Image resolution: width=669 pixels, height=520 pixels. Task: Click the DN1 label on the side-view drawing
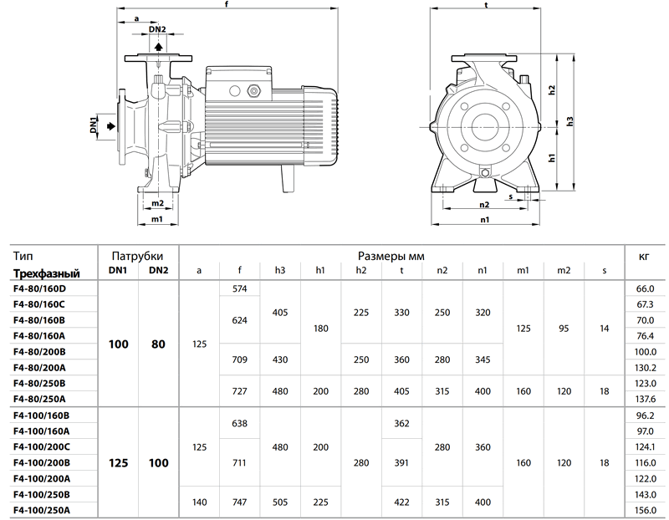pos(94,125)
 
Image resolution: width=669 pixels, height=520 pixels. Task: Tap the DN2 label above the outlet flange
pos(157,29)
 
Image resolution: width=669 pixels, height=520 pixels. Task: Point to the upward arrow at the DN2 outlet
pos(158,46)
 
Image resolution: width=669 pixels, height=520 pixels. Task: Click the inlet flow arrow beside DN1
pos(111,126)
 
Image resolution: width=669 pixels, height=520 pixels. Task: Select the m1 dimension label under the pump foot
pos(157,219)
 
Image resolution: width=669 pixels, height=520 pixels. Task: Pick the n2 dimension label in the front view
pos(484,204)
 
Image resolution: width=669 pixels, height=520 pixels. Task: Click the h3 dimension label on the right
pos(570,121)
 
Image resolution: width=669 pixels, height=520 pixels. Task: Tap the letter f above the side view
pos(227,4)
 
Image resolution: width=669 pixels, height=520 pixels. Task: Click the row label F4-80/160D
pos(39,288)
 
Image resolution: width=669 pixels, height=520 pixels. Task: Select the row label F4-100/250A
pos(42,510)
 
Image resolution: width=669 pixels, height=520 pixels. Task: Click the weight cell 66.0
pos(645,288)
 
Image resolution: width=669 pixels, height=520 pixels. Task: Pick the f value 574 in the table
pos(240,288)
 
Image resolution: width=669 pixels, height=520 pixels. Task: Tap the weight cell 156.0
pos(645,510)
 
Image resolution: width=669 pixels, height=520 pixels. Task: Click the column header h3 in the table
pos(280,271)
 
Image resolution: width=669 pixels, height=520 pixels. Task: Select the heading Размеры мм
pos(391,256)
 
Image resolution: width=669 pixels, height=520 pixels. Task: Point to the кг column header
pos(644,257)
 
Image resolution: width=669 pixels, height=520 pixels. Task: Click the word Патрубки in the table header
pos(137,256)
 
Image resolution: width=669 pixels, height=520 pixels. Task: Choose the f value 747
pos(240,502)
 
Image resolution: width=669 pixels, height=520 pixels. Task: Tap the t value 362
pos(401,424)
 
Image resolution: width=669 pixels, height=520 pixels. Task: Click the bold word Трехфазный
pos(47,273)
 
